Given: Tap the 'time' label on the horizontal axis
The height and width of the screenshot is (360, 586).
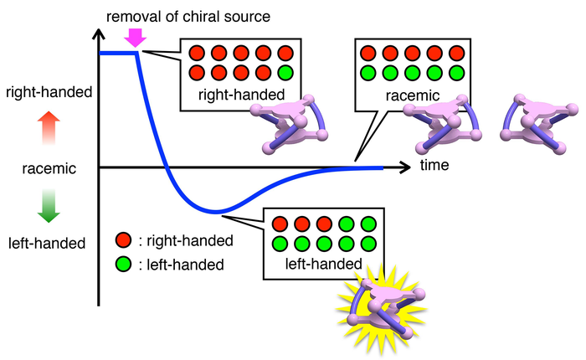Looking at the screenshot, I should (434, 165).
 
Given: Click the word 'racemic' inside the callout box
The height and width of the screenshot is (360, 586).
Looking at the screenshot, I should (409, 95).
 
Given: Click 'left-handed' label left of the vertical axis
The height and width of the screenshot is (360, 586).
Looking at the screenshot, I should (47, 244).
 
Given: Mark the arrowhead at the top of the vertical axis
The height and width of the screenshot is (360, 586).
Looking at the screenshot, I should (100, 34).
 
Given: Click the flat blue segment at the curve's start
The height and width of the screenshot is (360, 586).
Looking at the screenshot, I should (118, 54).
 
